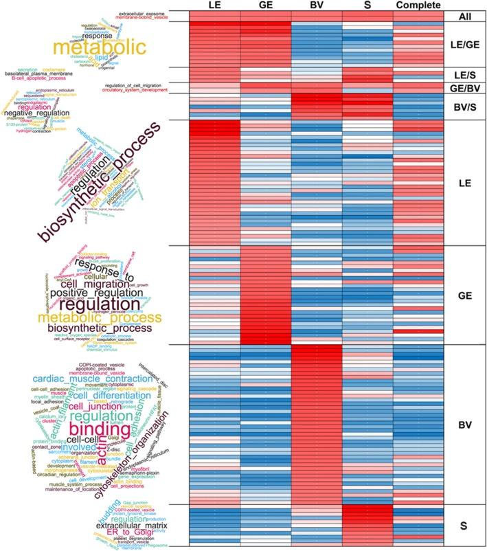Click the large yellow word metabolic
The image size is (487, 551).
point(91,47)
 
